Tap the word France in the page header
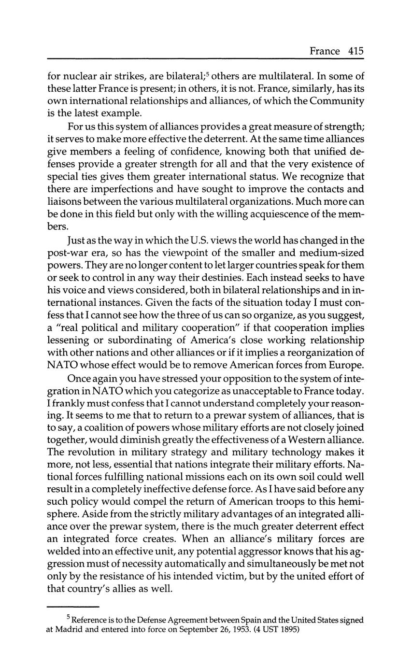click(325, 51)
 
